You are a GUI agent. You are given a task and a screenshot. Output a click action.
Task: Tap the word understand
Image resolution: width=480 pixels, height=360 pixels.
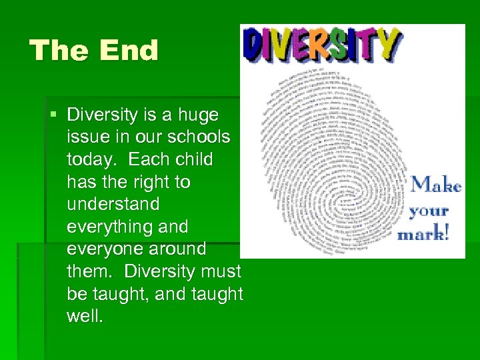[x=113, y=204]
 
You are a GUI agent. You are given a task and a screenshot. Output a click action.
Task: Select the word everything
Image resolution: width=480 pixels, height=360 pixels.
[x=109, y=227]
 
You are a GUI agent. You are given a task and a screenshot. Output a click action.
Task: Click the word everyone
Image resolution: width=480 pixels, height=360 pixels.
[x=103, y=249]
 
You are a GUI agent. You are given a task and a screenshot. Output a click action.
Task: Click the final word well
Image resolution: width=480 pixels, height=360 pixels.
[x=85, y=316]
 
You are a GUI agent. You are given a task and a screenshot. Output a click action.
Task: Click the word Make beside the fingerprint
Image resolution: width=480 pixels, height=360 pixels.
[x=436, y=185]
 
